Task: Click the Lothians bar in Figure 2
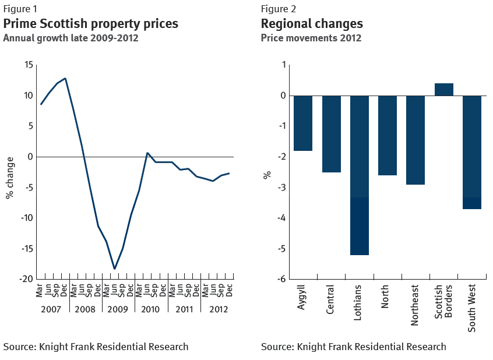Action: pyautogui.click(x=360, y=175)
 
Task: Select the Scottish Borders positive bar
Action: pyautogui.click(x=444, y=89)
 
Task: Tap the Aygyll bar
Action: pyautogui.click(x=303, y=123)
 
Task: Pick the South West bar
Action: pyautogui.click(x=472, y=152)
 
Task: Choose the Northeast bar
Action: pyautogui.click(x=415, y=140)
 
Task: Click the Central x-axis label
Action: pyautogui.click(x=330, y=300)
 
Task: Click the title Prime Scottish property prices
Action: pyautogui.click(x=91, y=24)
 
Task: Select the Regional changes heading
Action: pyautogui.click(x=312, y=24)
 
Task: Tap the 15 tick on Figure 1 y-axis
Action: pyautogui.click(x=29, y=65)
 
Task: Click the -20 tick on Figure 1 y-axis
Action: pyautogui.click(x=26, y=279)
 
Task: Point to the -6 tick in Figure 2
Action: pyautogui.click(x=281, y=279)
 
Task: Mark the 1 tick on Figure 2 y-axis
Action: pyautogui.click(x=284, y=65)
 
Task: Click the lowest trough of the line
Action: pyautogui.click(x=115, y=269)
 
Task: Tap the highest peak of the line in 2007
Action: pyautogui.click(x=65, y=78)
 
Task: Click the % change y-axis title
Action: pyautogui.click(x=10, y=177)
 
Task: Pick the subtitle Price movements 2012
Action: pyautogui.click(x=311, y=38)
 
